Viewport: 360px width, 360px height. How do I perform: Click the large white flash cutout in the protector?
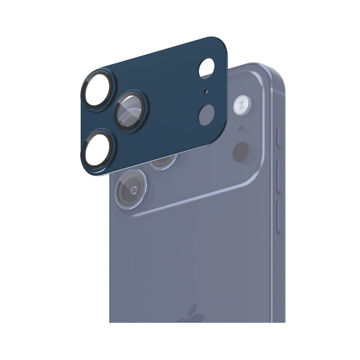[206, 68]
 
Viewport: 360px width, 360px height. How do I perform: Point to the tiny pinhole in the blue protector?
[206, 93]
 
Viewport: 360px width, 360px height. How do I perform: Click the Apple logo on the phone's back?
[190, 315]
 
